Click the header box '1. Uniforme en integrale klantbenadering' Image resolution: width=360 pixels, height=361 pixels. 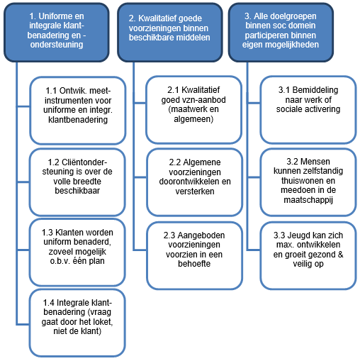click(x=57, y=33)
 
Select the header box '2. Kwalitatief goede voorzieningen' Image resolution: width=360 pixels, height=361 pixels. click(x=170, y=33)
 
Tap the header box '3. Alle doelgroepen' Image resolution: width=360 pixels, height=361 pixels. click(x=281, y=33)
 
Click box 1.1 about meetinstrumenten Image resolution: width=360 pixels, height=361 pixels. click(x=78, y=111)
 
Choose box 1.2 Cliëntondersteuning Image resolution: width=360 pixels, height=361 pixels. click(x=77, y=182)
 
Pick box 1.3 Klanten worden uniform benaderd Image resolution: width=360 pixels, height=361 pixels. click(x=77, y=252)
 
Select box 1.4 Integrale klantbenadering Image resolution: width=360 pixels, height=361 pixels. click(x=77, y=323)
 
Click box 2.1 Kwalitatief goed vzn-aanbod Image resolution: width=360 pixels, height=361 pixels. click(x=193, y=110)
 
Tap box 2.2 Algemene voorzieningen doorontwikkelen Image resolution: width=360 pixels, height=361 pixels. click(x=195, y=182)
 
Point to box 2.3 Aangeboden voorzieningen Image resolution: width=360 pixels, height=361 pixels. click(x=195, y=255)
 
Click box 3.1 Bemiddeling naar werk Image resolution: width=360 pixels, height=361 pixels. click(x=308, y=110)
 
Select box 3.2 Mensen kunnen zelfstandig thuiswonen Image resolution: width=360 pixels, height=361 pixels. click(x=308, y=182)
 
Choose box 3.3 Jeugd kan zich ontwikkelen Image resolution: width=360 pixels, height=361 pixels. click(x=308, y=255)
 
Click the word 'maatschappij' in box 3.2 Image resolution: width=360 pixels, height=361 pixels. click(x=308, y=200)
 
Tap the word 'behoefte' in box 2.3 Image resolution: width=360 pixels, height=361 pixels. click(x=194, y=264)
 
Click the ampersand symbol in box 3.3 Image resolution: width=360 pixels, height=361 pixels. click(x=340, y=255)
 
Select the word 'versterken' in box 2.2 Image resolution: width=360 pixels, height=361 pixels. click(x=195, y=191)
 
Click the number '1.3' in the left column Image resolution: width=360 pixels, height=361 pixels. click(x=47, y=233)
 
